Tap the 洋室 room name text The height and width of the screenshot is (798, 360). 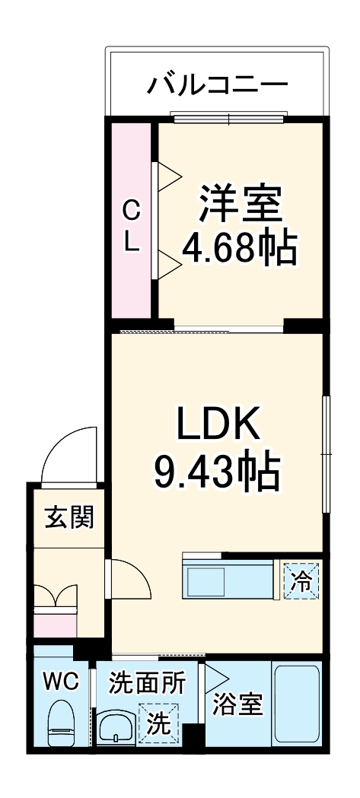tap(241, 202)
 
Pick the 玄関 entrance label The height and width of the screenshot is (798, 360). tap(68, 517)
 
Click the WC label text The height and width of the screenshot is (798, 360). tap(61, 682)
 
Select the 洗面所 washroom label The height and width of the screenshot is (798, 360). tap(145, 682)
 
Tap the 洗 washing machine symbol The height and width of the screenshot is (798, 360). tap(158, 723)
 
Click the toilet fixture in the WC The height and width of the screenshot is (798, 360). tap(60, 723)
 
